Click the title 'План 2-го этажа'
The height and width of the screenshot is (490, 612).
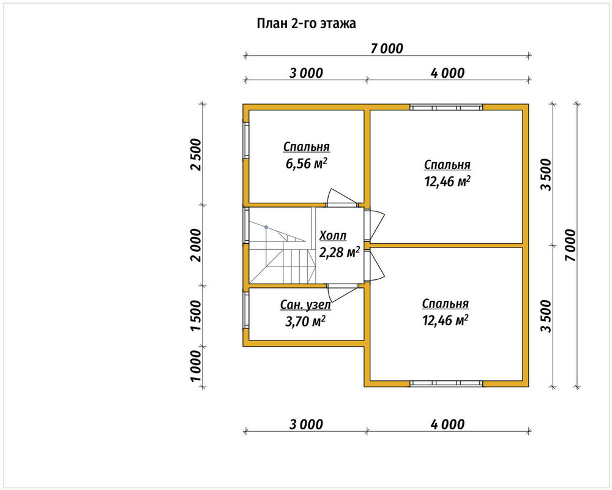click(306, 24)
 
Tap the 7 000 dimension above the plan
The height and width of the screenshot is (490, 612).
click(386, 49)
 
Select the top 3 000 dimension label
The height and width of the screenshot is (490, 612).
click(307, 73)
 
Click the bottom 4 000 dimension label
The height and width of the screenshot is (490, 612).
click(448, 424)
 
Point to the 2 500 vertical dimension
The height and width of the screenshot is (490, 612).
click(196, 154)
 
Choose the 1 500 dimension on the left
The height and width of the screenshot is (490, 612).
click(196, 315)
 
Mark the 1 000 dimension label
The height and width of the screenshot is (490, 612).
click(196, 365)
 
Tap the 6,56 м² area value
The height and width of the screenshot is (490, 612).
click(306, 164)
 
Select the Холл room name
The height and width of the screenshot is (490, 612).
click(333, 236)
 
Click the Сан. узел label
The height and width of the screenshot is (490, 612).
click(305, 305)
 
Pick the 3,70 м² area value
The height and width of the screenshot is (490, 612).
click(305, 321)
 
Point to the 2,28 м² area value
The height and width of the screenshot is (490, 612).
click(339, 252)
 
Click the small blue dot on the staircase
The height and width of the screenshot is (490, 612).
click(266, 227)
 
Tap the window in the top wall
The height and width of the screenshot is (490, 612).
click(447, 107)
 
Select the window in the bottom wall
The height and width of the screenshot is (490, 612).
click(447, 383)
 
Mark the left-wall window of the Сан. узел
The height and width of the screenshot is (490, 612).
click(246, 310)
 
